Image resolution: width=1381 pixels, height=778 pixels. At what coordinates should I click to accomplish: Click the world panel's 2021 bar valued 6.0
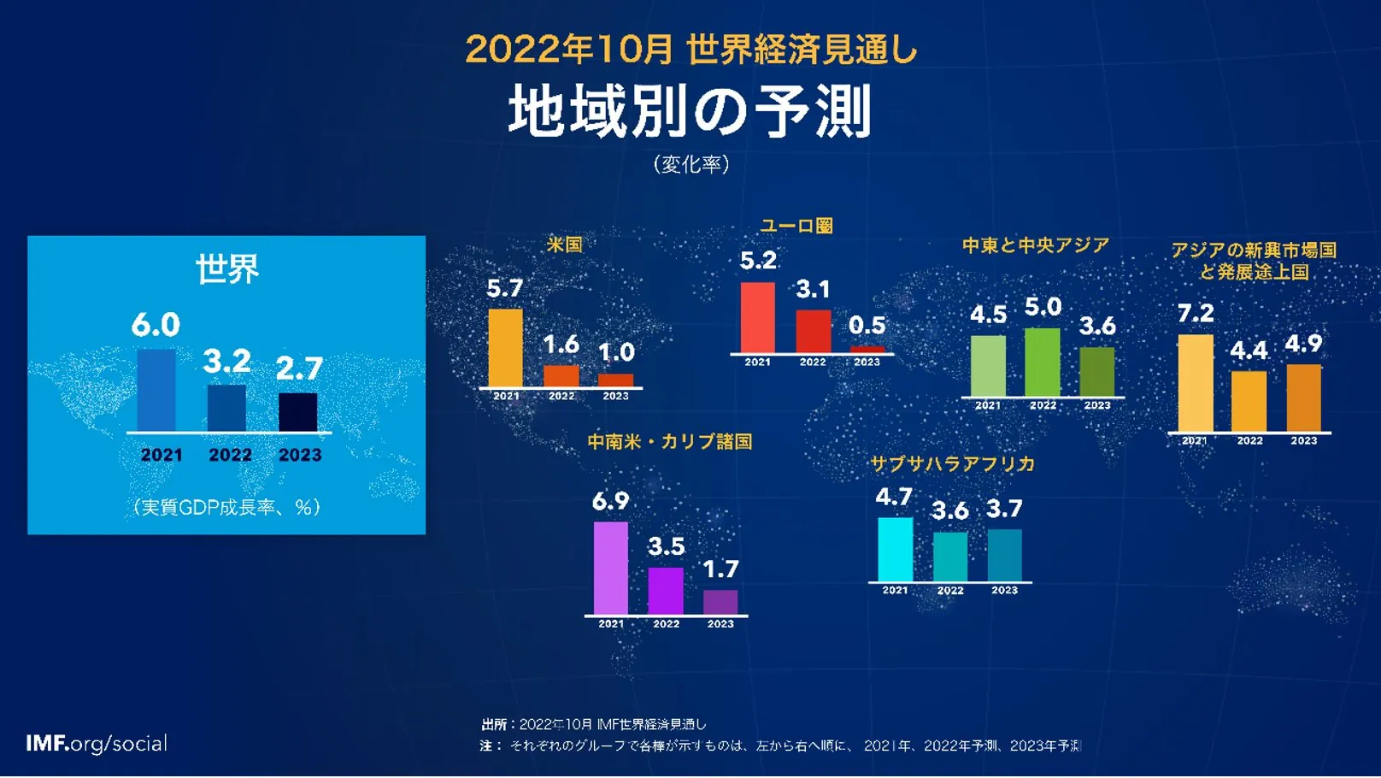click(x=156, y=390)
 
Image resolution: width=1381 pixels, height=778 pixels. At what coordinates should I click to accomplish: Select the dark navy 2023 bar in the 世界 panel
click(x=297, y=412)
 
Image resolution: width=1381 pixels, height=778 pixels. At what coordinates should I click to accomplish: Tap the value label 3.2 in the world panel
click(x=226, y=362)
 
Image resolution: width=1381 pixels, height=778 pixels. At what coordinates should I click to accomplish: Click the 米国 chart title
click(x=564, y=245)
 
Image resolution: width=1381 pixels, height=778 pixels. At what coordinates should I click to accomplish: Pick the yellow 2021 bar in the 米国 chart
click(x=505, y=348)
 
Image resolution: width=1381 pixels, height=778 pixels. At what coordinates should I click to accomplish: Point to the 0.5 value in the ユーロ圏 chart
click(x=867, y=326)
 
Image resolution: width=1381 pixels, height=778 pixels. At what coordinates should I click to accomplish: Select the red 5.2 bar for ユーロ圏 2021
click(x=757, y=317)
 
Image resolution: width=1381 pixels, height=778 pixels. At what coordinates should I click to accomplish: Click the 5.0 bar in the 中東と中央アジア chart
click(x=1042, y=362)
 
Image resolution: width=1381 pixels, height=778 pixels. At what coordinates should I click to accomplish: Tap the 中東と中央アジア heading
click(x=1035, y=246)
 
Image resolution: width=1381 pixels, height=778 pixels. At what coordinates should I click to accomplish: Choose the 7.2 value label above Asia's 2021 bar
click(x=1195, y=314)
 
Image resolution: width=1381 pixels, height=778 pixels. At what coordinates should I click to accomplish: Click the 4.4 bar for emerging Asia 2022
click(x=1249, y=401)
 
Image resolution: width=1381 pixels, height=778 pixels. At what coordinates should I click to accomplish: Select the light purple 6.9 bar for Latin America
click(x=610, y=568)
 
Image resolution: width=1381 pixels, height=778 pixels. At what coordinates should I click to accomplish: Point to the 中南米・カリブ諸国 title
click(x=669, y=442)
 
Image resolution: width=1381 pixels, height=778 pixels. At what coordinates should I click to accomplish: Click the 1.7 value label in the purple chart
click(x=720, y=569)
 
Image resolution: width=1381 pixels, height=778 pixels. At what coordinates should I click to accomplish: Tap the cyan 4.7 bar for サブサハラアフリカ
click(x=895, y=550)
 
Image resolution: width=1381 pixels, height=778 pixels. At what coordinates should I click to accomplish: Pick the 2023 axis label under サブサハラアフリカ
click(x=1004, y=591)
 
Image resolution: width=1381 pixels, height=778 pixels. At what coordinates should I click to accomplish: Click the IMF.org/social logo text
click(x=97, y=744)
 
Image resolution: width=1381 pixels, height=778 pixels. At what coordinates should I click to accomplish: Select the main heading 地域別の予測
click(x=690, y=111)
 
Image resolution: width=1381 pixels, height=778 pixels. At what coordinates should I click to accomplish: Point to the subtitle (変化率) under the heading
click(x=690, y=164)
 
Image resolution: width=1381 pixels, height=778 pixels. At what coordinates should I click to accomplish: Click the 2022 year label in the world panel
click(x=230, y=456)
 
